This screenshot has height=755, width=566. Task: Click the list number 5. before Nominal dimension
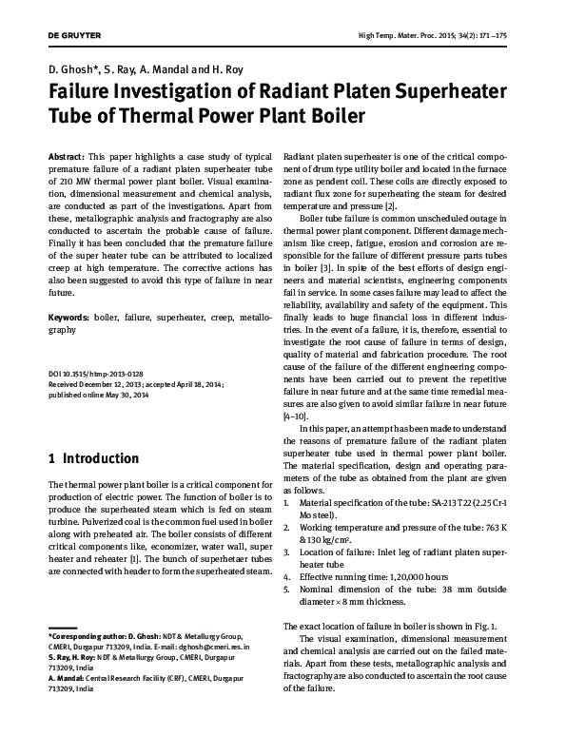pyautogui.click(x=287, y=589)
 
